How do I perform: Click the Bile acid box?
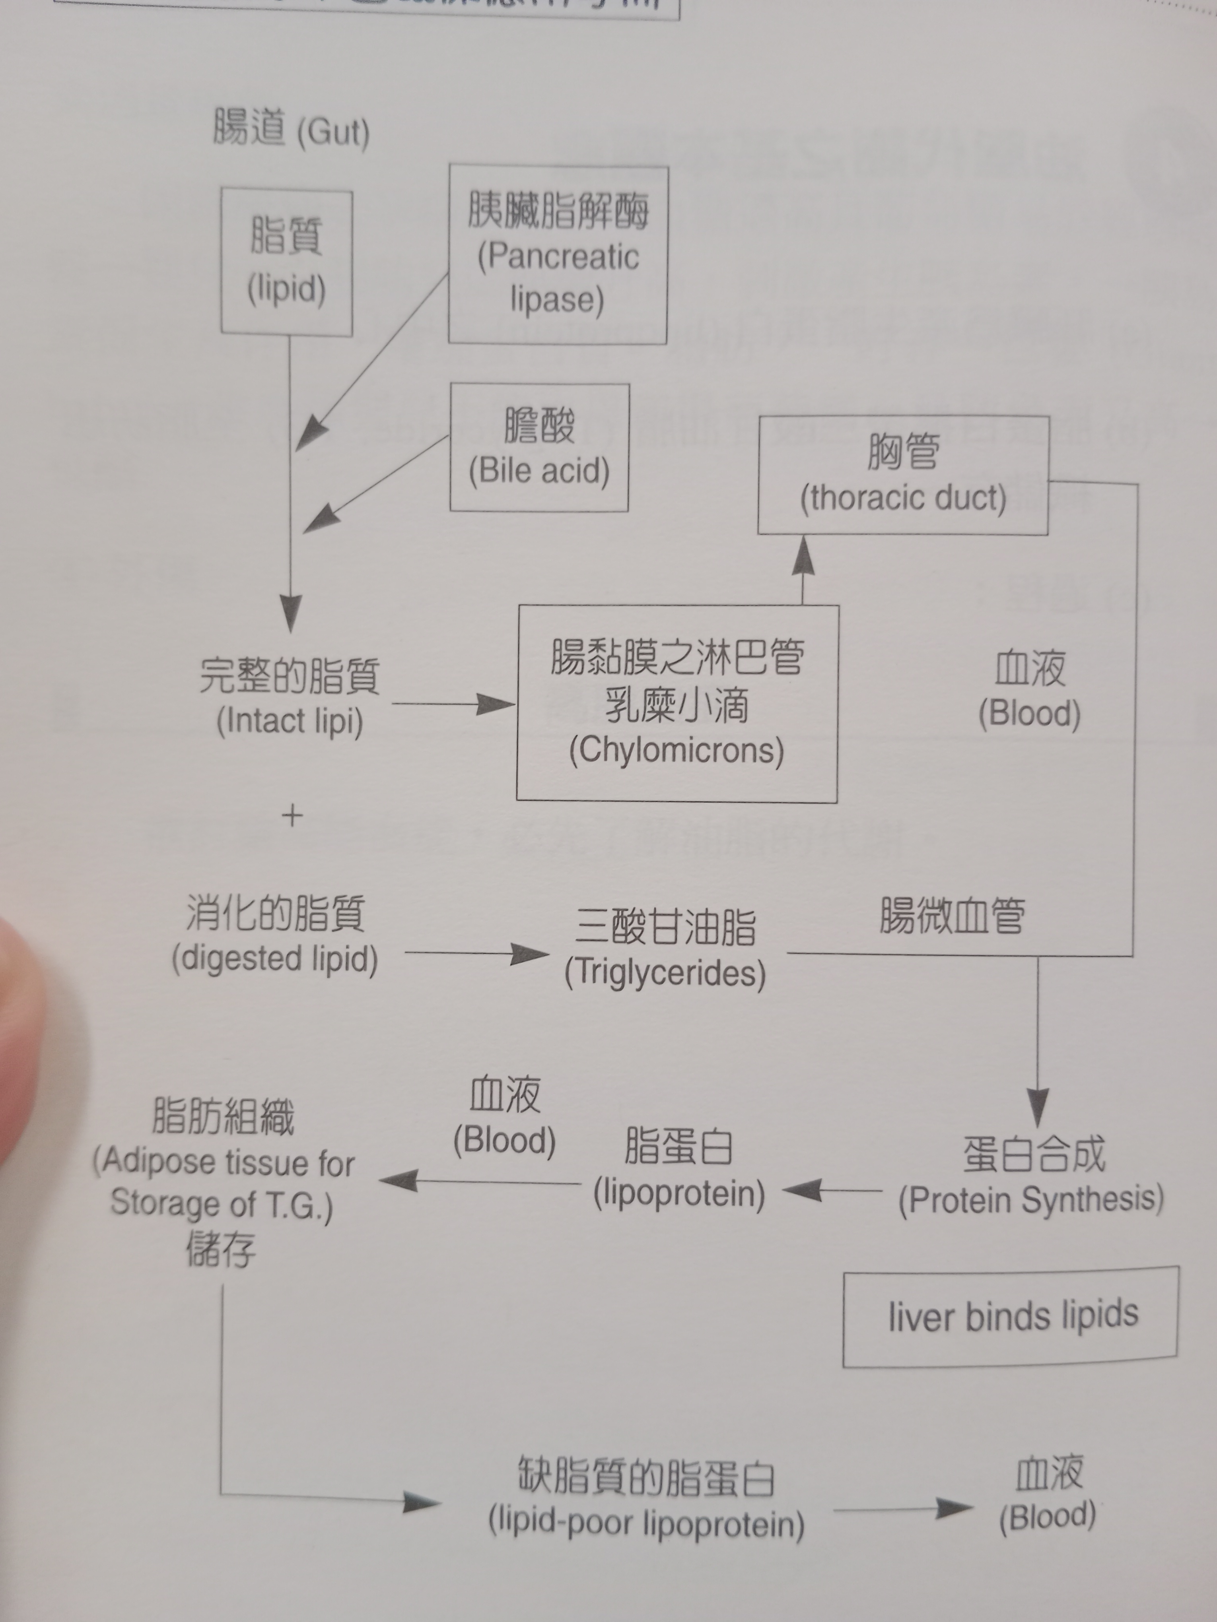tap(539, 447)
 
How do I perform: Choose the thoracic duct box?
tap(903, 475)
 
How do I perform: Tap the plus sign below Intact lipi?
tap(292, 815)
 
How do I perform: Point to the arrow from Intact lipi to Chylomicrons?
tap(455, 704)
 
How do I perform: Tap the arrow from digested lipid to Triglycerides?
tap(477, 953)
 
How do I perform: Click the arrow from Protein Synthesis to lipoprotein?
tap(832, 1190)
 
